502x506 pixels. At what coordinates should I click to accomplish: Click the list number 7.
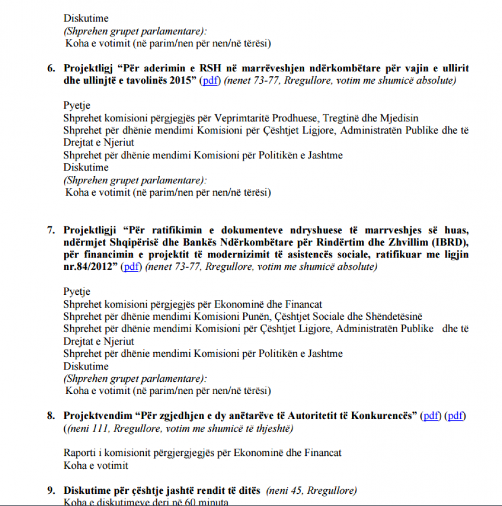coord(50,230)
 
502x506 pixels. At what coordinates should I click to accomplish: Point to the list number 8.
coord(50,416)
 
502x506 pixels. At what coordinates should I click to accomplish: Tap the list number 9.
coord(50,491)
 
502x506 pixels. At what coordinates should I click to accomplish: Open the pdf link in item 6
coord(209,81)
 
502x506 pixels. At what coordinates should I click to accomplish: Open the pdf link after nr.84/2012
coord(131,267)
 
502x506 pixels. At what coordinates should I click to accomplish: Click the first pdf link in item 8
coord(431,416)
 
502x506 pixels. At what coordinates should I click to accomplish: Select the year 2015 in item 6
coord(185,81)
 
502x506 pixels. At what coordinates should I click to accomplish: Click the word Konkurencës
coord(384,416)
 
